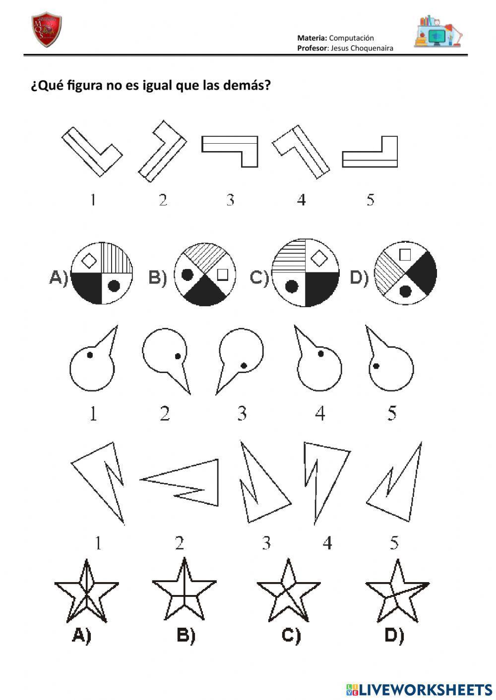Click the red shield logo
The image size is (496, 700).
tap(46, 30)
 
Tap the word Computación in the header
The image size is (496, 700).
tap(351, 38)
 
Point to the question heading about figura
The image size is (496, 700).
tap(150, 86)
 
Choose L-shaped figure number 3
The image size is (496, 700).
tap(230, 151)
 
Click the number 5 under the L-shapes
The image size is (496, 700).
tap(370, 200)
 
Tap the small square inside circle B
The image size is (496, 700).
tap(222, 273)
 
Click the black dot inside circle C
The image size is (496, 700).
tap(291, 285)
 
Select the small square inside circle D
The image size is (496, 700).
tap(405, 255)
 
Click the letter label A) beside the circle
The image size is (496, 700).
tap(59, 277)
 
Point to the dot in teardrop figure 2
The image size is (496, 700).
tap(177, 355)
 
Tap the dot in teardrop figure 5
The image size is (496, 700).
tap(376, 366)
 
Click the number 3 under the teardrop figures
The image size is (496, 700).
tap(242, 413)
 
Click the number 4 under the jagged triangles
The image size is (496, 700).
tap(327, 543)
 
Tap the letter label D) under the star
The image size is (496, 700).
tap(394, 636)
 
